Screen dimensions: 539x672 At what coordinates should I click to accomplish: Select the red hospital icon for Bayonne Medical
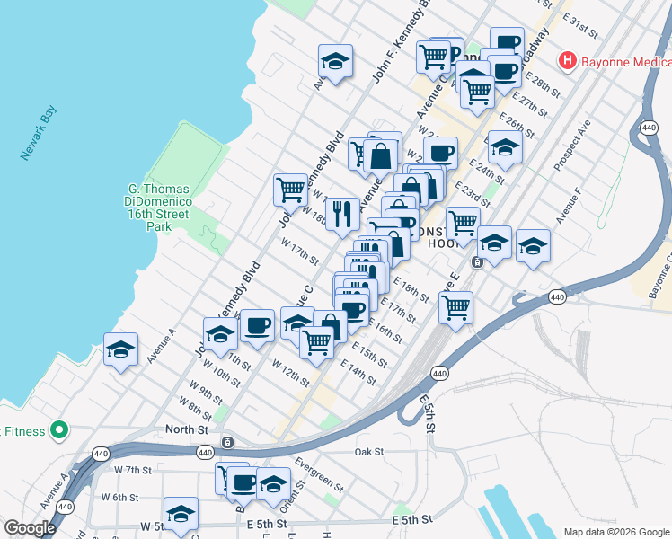point(567,62)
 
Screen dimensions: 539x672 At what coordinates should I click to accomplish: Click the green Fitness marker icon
point(59,431)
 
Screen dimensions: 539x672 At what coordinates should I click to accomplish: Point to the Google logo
point(30,529)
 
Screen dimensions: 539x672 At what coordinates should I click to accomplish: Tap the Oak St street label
point(369,452)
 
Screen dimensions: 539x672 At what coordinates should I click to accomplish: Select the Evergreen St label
point(321,476)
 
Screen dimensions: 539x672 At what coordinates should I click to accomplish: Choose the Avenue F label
point(570,207)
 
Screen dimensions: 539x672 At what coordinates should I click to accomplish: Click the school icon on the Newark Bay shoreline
point(120,350)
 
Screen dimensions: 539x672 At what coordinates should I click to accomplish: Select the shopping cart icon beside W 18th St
point(290,190)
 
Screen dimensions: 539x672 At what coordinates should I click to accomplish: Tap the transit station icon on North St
point(228,442)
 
